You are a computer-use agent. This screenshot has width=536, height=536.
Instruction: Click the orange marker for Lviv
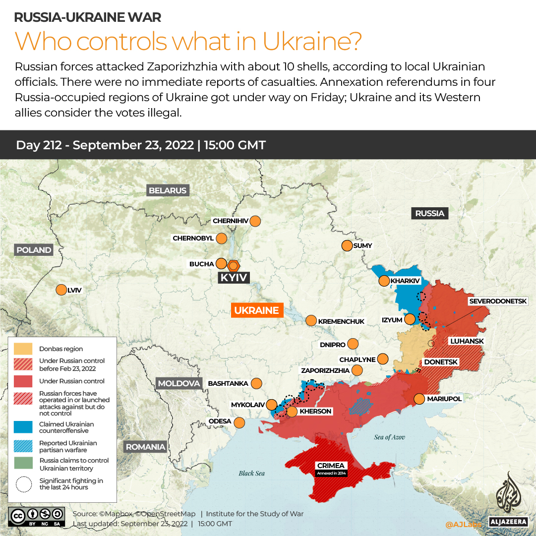click(61, 290)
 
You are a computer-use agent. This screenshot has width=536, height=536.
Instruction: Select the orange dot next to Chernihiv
click(255, 221)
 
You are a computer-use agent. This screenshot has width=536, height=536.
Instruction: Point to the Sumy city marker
click(347, 245)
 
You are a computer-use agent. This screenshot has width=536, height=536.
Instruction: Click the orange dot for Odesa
click(239, 422)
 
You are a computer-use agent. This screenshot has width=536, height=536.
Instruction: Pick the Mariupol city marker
click(419, 399)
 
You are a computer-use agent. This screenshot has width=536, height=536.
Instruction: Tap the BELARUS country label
click(168, 190)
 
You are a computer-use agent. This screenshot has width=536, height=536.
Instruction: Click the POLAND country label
click(34, 250)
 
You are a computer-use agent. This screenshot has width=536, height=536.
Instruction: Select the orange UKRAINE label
click(256, 310)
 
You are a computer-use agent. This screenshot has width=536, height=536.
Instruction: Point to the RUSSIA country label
click(429, 213)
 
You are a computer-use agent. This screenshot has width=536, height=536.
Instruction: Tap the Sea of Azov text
click(390, 437)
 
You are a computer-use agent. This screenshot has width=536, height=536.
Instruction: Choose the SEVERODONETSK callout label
click(501, 301)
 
